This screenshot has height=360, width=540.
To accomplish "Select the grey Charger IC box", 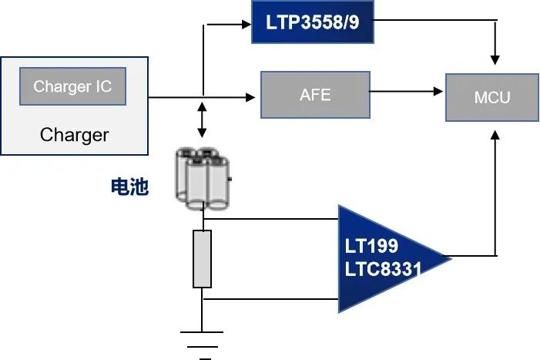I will (72, 86).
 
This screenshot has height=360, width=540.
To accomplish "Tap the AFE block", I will (314, 95).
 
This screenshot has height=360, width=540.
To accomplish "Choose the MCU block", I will (492, 98).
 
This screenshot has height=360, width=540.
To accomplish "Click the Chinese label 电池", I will (128, 187).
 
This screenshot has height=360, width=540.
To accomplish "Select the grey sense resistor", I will (202, 259).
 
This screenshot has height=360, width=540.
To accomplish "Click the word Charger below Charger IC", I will (74, 136).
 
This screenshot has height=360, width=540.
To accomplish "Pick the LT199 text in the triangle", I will (371, 247).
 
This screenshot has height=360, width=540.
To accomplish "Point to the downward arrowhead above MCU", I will (495, 59).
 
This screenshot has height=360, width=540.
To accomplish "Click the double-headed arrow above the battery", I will (202, 119).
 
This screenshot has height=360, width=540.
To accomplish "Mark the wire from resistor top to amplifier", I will (270, 220).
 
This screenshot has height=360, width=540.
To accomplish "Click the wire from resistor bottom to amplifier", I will (270, 298).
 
